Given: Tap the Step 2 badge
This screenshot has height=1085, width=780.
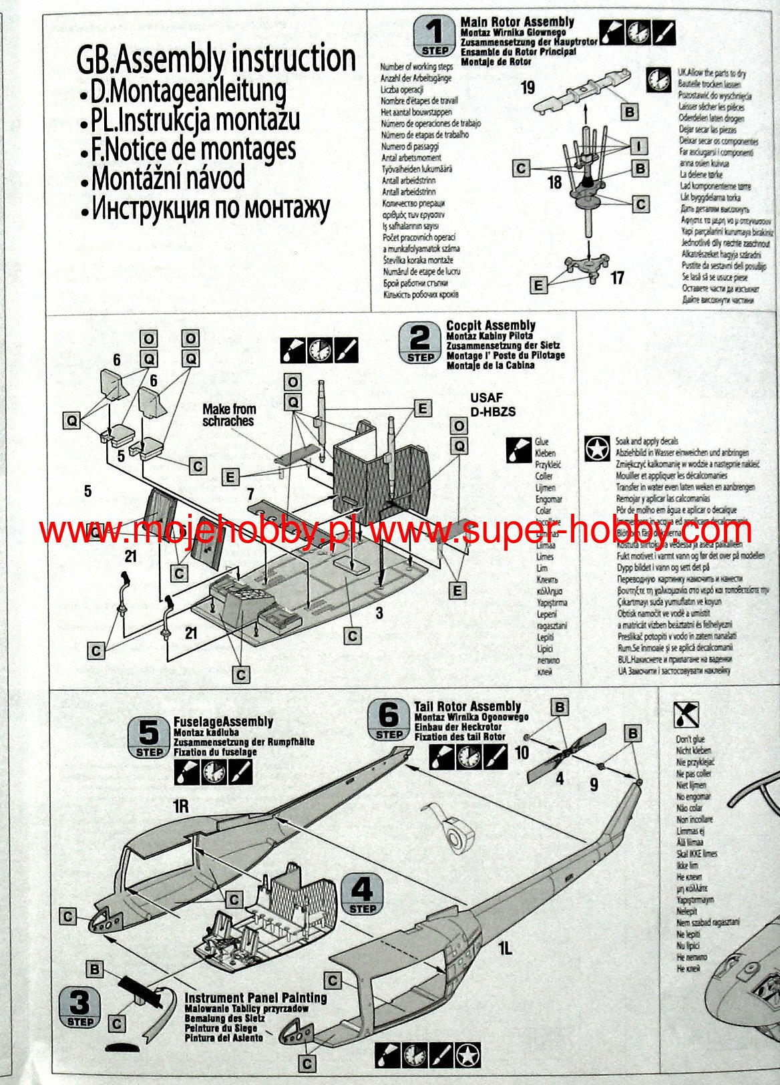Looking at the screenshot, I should tap(420, 343).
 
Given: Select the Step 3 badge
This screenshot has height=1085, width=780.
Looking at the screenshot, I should tap(80, 1007).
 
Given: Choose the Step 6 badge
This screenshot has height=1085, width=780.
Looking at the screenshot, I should tap(389, 720).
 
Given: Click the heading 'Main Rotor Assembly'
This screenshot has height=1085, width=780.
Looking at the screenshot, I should tap(517, 22).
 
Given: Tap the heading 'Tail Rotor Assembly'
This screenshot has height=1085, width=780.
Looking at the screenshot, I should tap(467, 706).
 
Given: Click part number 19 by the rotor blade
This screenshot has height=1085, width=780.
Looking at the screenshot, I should tap(528, 88).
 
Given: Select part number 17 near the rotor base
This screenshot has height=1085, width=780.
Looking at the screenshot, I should tap(617, 277).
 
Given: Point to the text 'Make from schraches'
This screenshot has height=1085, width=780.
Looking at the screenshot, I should tap(228, 415).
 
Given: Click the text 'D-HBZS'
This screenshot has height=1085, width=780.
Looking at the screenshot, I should tap(493, 412).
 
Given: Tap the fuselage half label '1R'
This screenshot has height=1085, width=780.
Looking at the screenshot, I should tap(180, 806).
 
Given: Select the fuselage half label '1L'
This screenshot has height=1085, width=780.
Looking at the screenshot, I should tap(504, 947).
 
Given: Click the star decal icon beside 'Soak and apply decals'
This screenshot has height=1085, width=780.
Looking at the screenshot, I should tap(596, 449).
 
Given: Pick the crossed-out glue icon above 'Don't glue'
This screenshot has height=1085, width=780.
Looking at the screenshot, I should tap(686, 714).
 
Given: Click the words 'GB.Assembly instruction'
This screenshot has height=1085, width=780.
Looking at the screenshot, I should tap(216, 59).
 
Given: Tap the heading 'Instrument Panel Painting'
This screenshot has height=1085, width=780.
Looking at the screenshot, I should tap(256, 997).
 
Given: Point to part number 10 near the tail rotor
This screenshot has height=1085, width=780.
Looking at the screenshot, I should tap(522, 752).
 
